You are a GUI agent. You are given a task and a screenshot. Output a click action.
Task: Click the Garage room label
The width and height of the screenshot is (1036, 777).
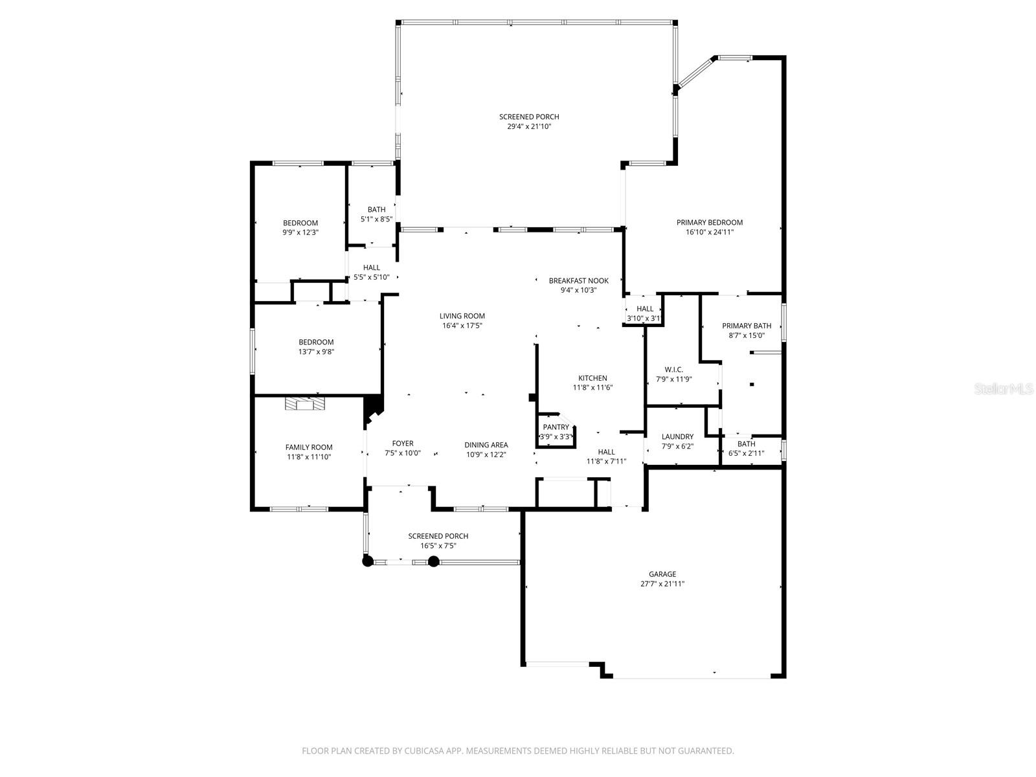click(662, 574)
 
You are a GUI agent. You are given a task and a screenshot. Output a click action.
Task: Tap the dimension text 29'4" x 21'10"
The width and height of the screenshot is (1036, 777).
click(529, 127)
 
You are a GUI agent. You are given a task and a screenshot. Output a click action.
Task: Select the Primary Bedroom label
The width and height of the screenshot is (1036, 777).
click(710, 222)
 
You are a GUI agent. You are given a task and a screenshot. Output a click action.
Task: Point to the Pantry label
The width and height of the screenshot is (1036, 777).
click(556, 427)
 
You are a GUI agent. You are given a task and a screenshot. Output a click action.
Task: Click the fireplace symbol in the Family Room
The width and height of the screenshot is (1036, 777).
click(304, 405)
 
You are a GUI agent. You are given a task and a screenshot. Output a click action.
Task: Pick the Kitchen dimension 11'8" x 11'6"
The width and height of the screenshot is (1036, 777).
click(592, 388)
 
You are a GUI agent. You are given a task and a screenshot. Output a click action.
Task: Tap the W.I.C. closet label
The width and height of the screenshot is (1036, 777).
click(673, 370)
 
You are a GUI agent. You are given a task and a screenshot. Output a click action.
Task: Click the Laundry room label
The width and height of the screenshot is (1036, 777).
click(677, 437)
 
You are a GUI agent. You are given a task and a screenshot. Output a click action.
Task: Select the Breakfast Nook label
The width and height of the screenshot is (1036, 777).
click(578, 280)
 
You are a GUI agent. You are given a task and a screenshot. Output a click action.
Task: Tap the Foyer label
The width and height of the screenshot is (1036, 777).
click(402, 444)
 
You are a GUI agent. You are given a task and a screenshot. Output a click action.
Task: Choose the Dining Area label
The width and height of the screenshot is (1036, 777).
click(486, 445)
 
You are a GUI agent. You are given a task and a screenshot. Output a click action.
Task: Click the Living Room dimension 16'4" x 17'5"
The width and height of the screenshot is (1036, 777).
click(462, 326)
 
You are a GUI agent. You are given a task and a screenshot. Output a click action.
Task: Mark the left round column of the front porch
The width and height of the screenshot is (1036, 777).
click(368, 561)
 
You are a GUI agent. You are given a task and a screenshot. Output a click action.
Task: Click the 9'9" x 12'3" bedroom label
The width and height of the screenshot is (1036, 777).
click(300, 223)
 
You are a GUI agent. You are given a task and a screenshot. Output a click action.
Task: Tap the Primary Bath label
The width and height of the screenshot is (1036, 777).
click(747, 326)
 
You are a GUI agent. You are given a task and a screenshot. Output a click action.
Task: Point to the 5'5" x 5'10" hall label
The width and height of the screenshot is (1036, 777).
click(372, 267)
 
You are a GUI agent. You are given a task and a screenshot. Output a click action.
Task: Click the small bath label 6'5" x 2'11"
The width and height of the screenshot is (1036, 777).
click(746, 453)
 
